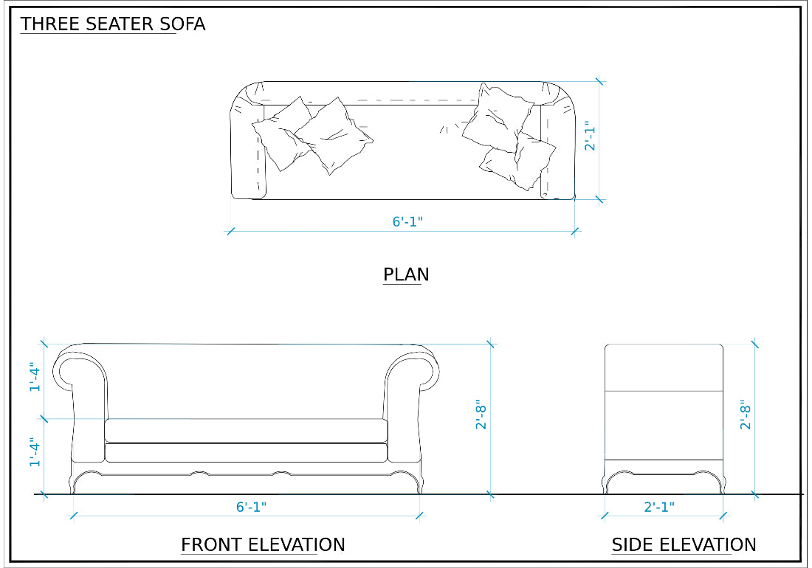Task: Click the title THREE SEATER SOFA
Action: tap(112, 24)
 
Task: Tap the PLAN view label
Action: tap(405, 275)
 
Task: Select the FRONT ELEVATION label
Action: tap(263, 545)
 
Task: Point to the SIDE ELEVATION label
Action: tap(684, 545)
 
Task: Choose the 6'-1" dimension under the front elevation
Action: tap(251, 507)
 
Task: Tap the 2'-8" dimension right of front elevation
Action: tap(482, 415)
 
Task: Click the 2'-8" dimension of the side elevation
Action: tap(746, 415)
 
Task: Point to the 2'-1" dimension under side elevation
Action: tap(659, 507)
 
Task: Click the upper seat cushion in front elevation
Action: tap(247, 430)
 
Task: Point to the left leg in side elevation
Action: tap(609, 480)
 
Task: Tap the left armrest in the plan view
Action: tap(247, 144)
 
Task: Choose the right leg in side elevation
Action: tap(719, 480)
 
